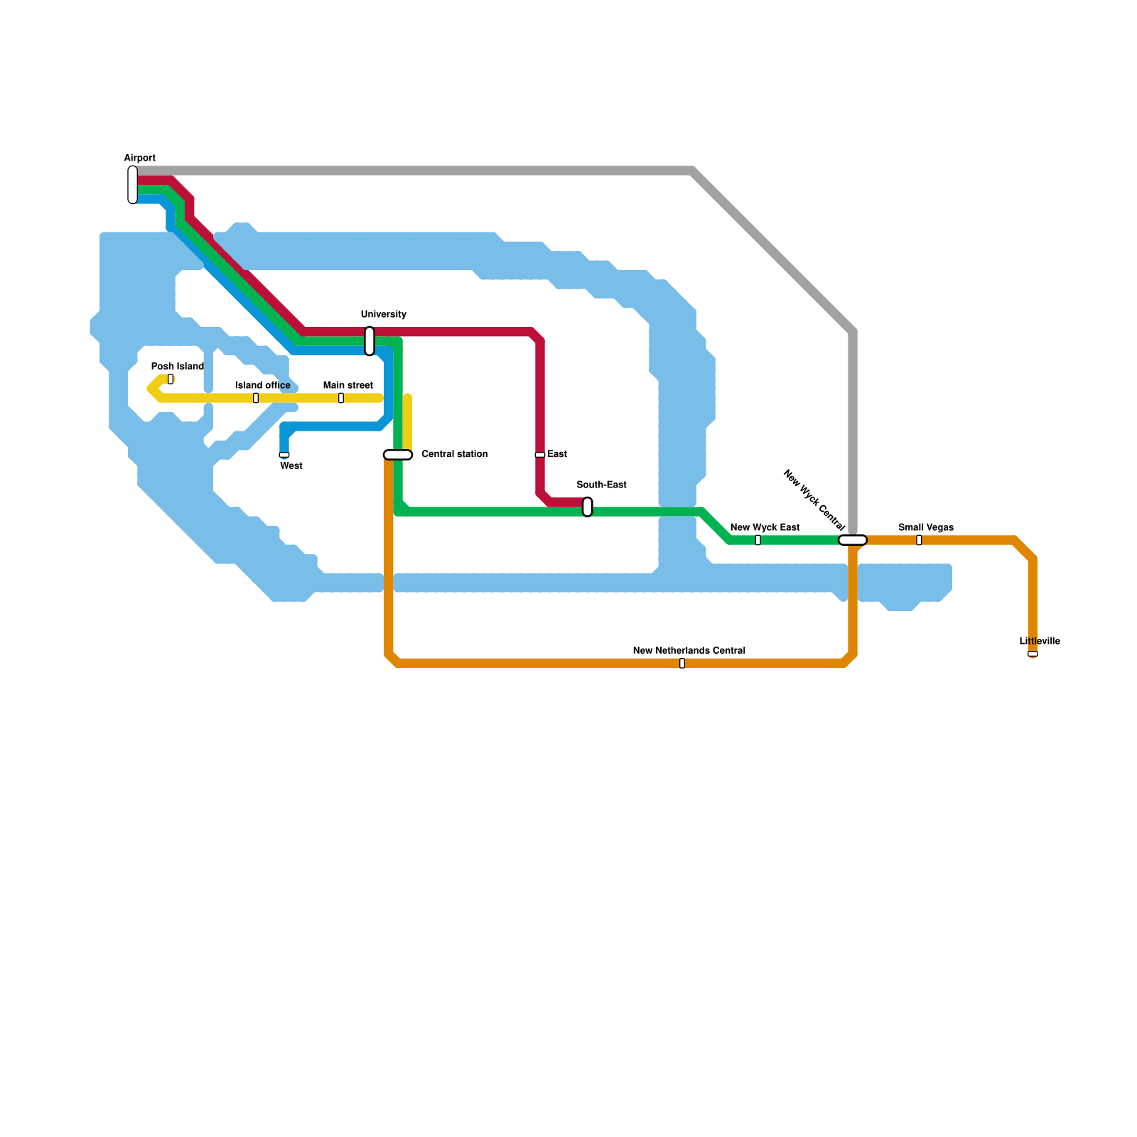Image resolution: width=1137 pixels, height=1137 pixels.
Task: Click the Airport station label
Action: pos(139,158)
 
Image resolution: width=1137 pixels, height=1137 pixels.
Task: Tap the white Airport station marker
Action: pos(133,185)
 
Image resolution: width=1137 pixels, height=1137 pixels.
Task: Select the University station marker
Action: pos(370,341)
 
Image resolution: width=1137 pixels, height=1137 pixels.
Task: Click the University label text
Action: pos(383,314)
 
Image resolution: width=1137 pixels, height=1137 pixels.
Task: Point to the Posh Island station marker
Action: pos(171,379)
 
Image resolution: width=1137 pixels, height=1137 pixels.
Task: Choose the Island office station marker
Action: pos(256,398)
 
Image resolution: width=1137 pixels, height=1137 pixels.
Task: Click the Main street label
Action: pos(347,385)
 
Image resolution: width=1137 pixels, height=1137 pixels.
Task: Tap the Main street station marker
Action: pos(341,398)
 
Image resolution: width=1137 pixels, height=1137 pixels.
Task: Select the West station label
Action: pos(291,466)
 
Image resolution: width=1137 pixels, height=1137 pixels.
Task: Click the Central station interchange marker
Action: pos(398,455)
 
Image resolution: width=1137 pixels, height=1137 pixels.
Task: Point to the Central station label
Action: pos(454,454)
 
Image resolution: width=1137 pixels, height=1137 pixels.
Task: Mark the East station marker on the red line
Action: pos(540,455)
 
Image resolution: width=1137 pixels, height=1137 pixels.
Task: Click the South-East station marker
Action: pos(588,507)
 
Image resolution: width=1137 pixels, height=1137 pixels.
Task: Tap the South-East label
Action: pos(601,485)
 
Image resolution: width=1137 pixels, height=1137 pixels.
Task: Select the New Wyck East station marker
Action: pos(758,540)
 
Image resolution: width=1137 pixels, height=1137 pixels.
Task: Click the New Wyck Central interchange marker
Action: pos(853,540)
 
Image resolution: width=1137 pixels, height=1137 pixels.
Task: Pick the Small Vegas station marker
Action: pos(919,540)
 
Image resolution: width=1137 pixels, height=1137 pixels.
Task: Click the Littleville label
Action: pos(1039,641)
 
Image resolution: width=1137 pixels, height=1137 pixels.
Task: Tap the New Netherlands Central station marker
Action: pos(682,663)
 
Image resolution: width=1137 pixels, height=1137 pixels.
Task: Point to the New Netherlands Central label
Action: pos(689,650)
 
